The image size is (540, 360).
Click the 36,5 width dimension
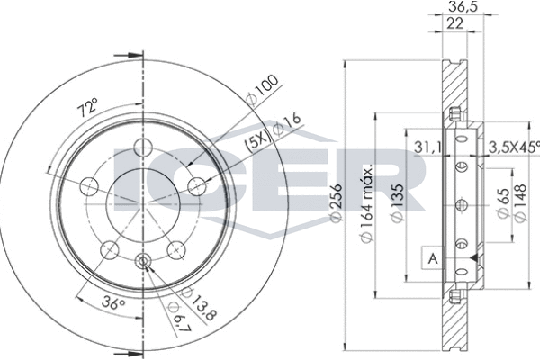pyautogui.click(x=463, y=6)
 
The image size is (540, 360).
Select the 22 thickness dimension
pyautogui.click(x=454, y=23)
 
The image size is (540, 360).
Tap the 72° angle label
pyautogui.click(x=87, y=107)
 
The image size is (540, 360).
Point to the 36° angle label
pyautogui.click(x=113, y=303)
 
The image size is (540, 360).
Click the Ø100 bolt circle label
pyautogui.click(x=263, y=89)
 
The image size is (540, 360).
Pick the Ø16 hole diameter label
pyautogui.click(x=286, y=124)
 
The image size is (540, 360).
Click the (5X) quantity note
pyautogui.click(x=257, y=141)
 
